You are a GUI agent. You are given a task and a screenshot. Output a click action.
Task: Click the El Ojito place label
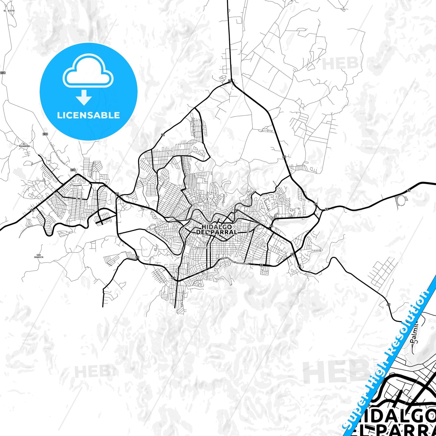pos(9,11)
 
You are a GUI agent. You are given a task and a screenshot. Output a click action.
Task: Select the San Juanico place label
pos(38,256)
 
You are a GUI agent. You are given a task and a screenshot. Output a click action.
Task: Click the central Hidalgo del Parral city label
pos(217,229)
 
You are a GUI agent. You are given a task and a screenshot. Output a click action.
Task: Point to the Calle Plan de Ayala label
pos(193,128)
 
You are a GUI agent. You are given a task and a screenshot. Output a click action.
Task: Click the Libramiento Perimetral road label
pos(234,261)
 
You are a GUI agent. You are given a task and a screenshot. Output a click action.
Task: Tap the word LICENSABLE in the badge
pos(88,115)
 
